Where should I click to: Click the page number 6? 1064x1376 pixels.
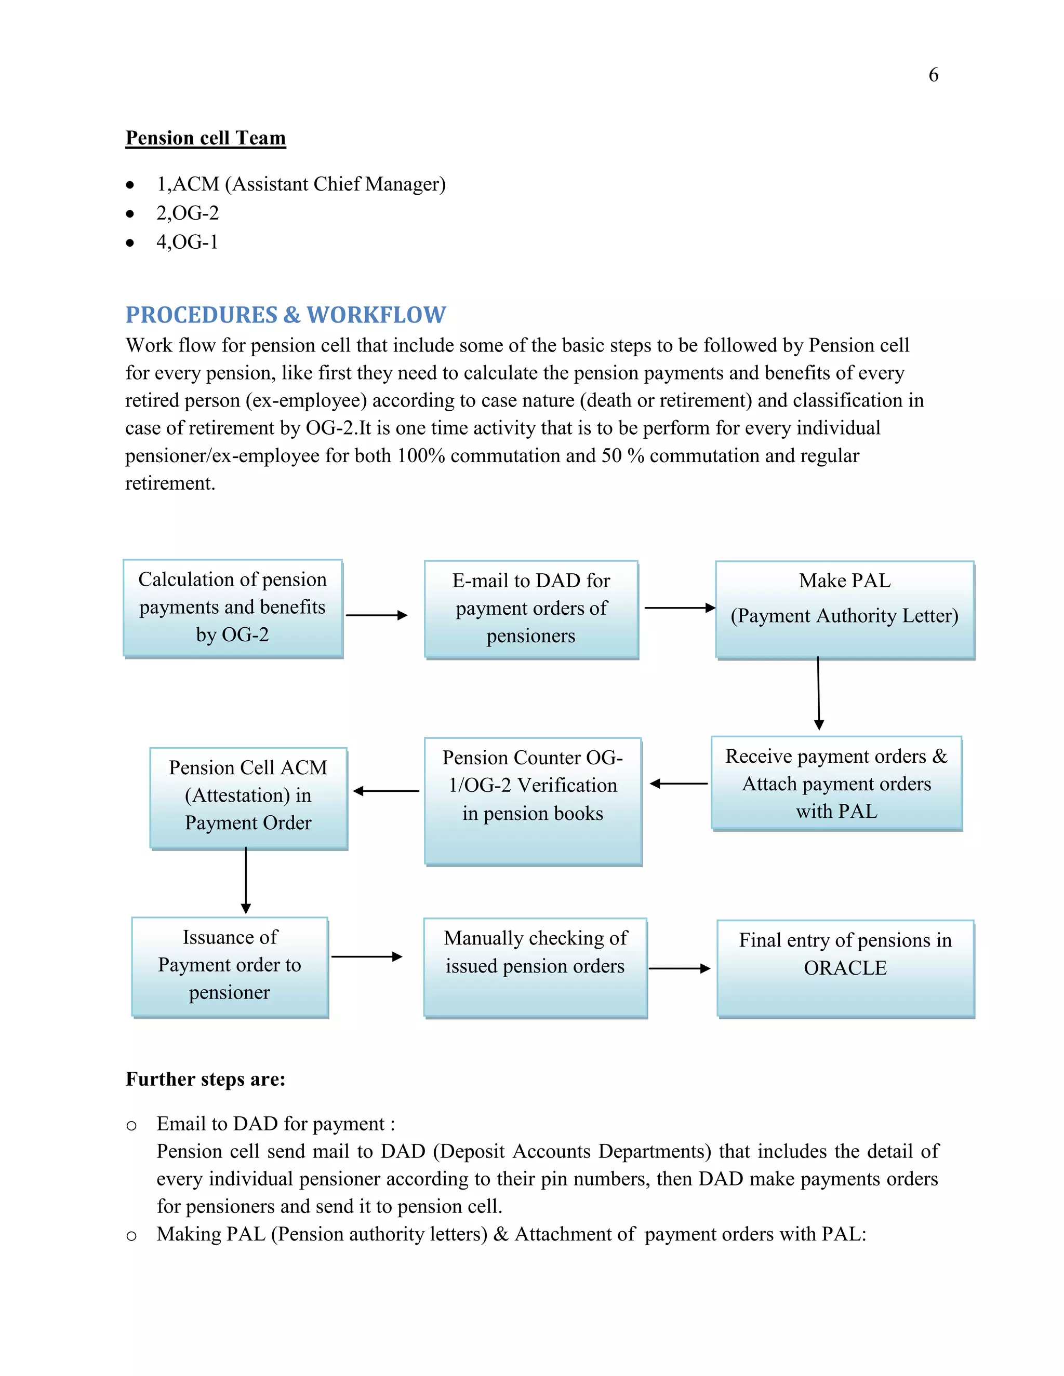pos(933,75)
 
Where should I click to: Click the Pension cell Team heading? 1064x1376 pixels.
pos(206,138)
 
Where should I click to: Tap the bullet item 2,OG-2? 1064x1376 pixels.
pos(187,213)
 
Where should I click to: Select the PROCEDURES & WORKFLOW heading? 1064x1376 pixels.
pos(286,314)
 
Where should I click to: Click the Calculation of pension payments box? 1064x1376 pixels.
pos(233,608)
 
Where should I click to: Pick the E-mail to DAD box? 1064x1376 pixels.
pos(531,609)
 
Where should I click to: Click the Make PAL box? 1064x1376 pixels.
pos(845,609)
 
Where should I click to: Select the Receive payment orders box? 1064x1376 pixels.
pos(836,783)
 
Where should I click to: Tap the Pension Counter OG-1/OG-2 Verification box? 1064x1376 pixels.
pos(533,801)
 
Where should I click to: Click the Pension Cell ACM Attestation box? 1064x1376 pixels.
pos(248,798)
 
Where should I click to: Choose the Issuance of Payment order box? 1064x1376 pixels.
pos(230,966)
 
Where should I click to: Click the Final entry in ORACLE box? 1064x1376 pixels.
pos(845,968)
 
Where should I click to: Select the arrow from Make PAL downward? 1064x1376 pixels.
pos(818,693)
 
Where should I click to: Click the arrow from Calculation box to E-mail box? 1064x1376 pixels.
pos(376,615)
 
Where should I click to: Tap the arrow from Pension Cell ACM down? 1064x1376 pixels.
pos(246,880)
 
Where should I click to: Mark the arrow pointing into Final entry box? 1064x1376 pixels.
pos(679,968)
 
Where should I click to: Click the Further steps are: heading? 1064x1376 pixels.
pos(206,1080)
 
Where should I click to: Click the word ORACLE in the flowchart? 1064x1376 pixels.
pos(845,968)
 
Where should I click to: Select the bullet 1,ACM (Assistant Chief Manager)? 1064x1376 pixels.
pos(301,184)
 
